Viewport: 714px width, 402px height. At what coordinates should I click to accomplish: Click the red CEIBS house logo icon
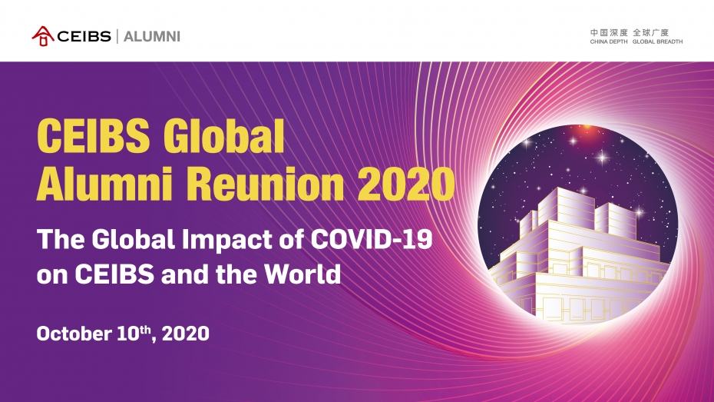[x=43, y=36]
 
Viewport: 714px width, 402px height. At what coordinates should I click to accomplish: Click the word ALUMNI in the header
[x=152, y=36]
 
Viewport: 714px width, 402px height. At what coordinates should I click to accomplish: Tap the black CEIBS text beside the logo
[x=84, y=36]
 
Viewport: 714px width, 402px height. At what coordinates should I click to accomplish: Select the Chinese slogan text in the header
[x=630, y=32]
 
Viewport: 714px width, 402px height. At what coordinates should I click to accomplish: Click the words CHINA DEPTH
[x=608, y=42]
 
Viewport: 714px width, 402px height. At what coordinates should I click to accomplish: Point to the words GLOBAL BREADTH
[x=657, y=42]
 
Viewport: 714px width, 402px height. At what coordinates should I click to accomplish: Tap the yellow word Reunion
[x=265, y=184]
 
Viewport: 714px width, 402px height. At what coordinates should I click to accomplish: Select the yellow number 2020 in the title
[x=405, y=184]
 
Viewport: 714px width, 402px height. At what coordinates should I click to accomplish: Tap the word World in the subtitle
[x=302, y=274]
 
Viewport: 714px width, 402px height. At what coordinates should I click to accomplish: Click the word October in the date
[x=74, y=334]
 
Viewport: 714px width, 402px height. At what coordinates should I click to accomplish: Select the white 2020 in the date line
[x=186, y=334]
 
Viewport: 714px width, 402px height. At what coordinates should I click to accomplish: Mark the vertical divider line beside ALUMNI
[x=117, y=36]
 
